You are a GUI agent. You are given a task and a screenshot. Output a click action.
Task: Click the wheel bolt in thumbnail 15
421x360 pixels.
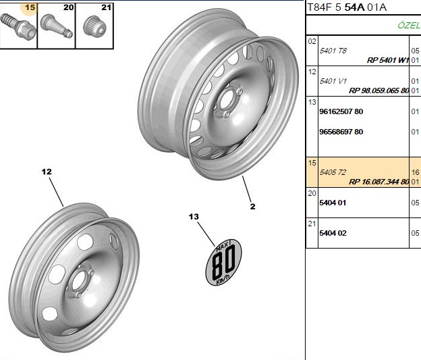pos(18,28)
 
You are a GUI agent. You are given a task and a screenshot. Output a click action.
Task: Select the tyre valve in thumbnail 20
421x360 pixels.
pos(57,26)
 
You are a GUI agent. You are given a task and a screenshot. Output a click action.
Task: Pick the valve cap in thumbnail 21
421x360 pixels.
pos(94,26)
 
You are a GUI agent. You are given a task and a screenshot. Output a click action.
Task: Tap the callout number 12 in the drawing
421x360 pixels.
pos(47,172)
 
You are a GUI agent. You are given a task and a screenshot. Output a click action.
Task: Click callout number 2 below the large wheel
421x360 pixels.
pos(252,207)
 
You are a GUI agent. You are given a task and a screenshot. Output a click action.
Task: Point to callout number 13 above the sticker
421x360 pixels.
pos(194,216)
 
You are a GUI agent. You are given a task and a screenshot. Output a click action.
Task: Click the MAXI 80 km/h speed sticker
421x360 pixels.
pos(223,262)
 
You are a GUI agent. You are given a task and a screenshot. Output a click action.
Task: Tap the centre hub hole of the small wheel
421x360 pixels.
pos(79,281)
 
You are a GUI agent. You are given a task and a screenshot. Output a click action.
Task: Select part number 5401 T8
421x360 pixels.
pos(333,51)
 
